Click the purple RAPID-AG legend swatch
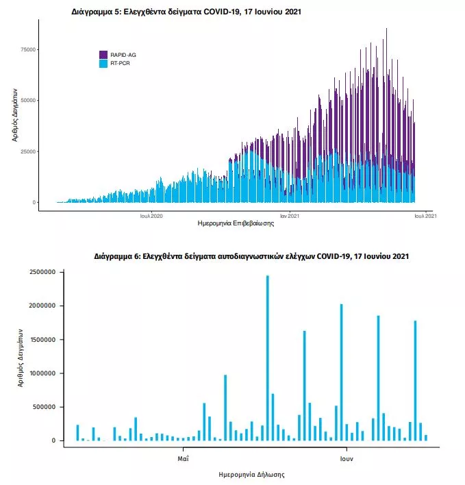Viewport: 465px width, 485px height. (x=103, y=55)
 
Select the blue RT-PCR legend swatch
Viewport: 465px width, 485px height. (x=103, y=64)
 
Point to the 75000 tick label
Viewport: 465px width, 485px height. (x=28, y=49)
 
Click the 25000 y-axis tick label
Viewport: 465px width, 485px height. (x=28, y=151)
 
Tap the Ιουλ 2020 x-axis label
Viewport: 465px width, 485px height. (x=151, y=216)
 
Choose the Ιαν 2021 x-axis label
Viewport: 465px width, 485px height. (x=290, y=216)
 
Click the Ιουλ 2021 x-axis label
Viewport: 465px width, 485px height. (x=426, y=216)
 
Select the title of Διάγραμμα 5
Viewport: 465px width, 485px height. (x=186, y=12)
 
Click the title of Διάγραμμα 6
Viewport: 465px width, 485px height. (x=251, y=256)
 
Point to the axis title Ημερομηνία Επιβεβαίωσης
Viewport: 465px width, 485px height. (x=236, y=223)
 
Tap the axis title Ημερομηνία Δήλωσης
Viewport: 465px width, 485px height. (x=251, y=475)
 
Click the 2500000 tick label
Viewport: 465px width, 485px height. (x=42, y=272)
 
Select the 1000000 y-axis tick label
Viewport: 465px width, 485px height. (x=42, y=373)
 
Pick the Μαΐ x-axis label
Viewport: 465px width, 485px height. (x=183, y=459)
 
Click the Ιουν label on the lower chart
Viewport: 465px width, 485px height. (x=347, y=459)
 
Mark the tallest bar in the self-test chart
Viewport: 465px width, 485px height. (x=268, y=358)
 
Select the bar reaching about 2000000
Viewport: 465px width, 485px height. (x=341, y=373)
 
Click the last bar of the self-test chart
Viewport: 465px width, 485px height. (x=426, y=438)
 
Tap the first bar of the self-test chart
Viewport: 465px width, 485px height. (x=77, y=433)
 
